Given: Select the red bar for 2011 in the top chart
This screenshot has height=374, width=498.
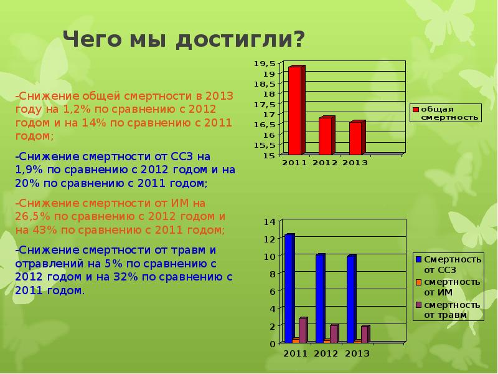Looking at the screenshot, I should pyautogui.click(x=296, y=111).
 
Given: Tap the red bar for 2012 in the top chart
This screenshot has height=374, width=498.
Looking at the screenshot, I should pyautogui.click(x=326, y=136).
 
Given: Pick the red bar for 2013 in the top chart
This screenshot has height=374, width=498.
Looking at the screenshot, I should pyautogui.click(x=355, y=138).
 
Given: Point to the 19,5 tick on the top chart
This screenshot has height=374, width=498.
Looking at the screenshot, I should pyautogui.click(x=266, y=64).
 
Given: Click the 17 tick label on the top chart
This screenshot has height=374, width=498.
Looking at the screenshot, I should pyautogui.click(x=270, y=115).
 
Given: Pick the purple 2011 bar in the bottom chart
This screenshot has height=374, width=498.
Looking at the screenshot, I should pyautogui.click(x=303, y=331).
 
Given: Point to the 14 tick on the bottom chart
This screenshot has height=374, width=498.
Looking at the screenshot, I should pyautogui.click(x=269, y=222).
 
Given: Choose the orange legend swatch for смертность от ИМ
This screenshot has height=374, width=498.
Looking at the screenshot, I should pyautogui.click(x=418, y=282).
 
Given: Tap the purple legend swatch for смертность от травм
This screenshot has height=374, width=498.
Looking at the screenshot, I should pyautogui.click(x=418, y=305).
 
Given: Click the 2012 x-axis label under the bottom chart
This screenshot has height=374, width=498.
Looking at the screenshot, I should pyautogui.click(x=325, y=353).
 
